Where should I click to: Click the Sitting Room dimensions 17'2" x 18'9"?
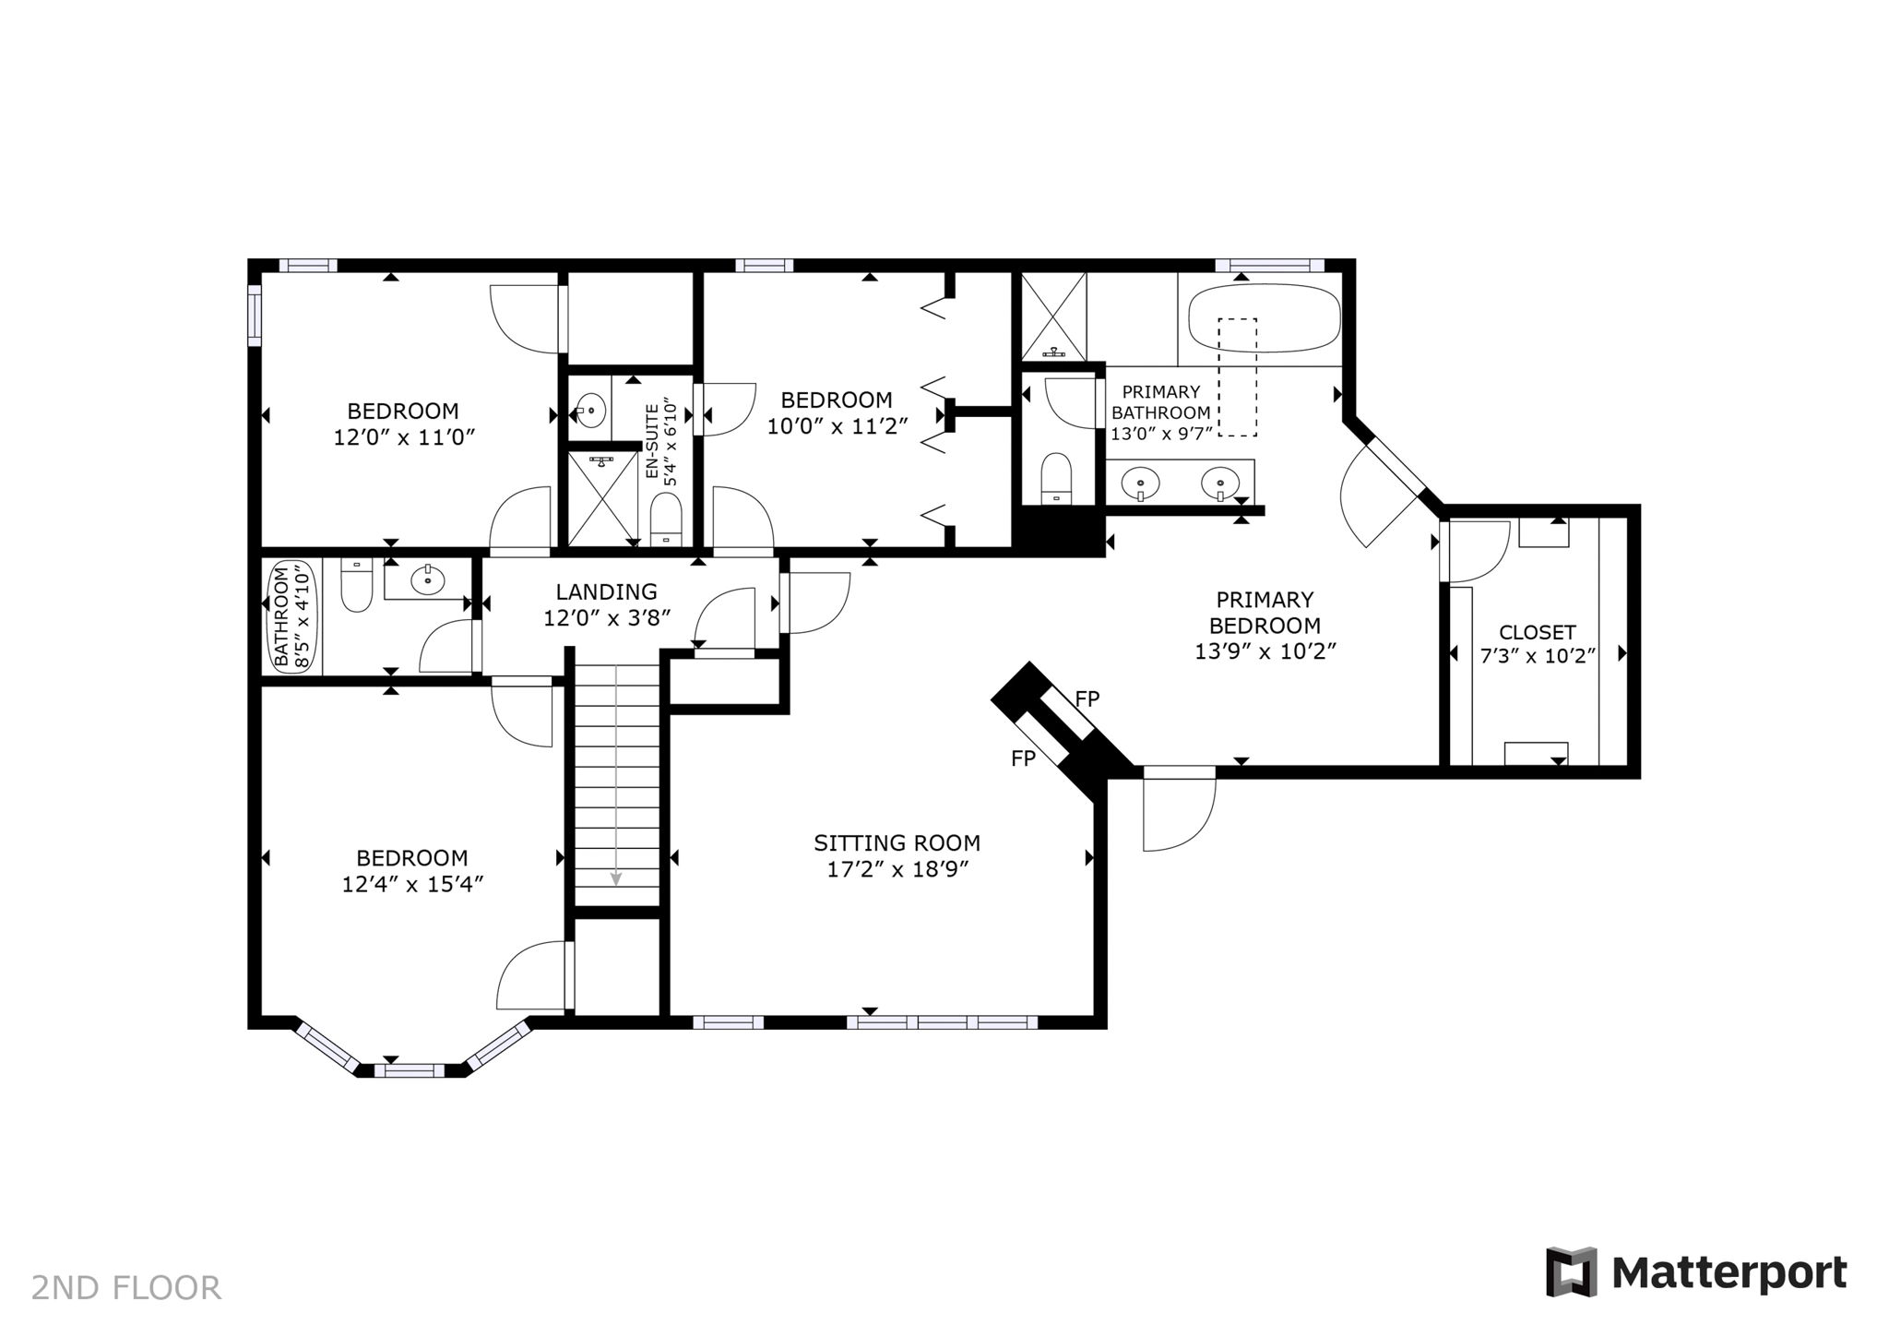coord(897,869)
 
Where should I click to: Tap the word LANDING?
coord(606,591)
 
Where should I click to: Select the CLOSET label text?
coord(1537,632)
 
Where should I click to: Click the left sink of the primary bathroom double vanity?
coord(1141,483)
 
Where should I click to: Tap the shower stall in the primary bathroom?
coord(1053,316)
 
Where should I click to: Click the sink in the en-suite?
coord(589,407)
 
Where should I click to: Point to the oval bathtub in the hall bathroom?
coord(292,615)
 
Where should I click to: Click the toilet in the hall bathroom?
coord(356,586)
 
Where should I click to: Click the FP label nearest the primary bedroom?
coord(1087,699)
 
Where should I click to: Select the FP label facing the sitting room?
coord(1024,758)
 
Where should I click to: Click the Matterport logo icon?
coord(1571,1271)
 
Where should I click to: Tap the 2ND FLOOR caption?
coord(126,1288)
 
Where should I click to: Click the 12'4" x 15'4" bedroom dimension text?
coord(413,884)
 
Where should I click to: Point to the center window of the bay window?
coord(410,1070)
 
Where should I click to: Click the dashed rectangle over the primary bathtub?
coord(1237,376)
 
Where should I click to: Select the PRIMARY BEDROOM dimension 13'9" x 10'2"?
coord(1265,651)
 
